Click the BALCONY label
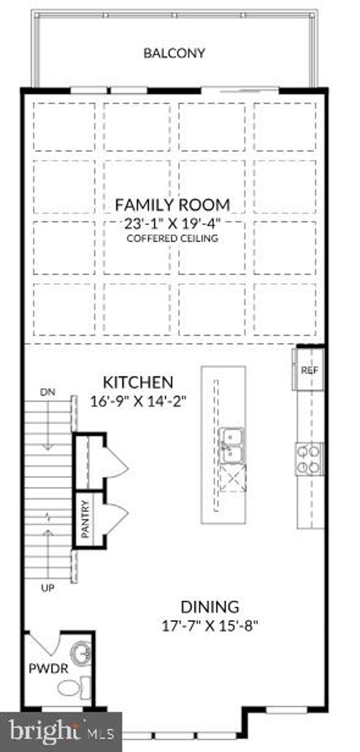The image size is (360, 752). (x=174, y=53)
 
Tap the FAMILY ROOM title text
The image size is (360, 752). (x=173, y=205)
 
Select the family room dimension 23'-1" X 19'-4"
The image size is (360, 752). (x=172, y=224)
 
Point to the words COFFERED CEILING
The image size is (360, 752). (x=172, y=238)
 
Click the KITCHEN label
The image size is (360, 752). (x=138, y=382)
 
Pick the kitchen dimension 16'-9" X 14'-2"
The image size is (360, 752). (x=138, y=401)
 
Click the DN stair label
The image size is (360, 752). (x=47, y=392)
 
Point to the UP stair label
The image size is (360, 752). (x=47, y=588)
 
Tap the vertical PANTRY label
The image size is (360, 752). (x=85, y=519)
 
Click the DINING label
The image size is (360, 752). (x=210, y=607)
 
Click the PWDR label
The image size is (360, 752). (x=48, y=668)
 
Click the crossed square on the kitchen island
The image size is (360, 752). (x=233, y=478)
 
